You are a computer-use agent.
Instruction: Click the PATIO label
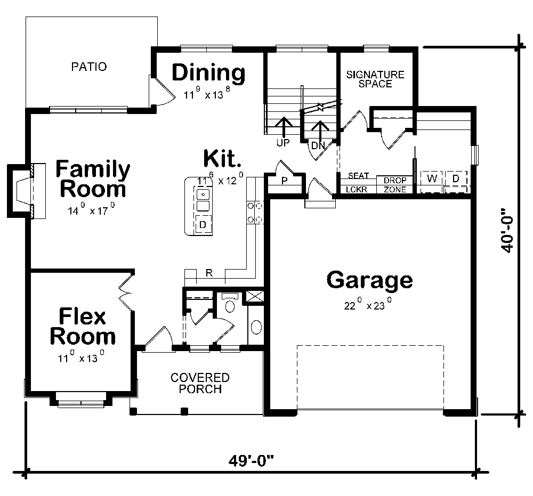click(89, 67)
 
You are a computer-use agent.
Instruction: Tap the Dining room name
click(208, 72)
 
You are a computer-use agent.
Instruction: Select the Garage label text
click(369, 280)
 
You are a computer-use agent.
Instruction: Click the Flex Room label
click(82, 327)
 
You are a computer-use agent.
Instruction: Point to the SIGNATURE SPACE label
click(375, 79)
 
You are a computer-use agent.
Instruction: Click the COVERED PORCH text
click(200, 383)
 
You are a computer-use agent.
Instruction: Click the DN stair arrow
click(319, 131)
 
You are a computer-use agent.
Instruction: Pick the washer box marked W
click(432, 178)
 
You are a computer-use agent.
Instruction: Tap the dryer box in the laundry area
click(456, 178)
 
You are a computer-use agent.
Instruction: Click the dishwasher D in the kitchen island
click(203, 224)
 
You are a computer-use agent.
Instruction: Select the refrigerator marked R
click(209, 274)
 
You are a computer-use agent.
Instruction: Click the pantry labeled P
click(284, 181)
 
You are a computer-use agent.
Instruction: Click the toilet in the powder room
click(230, 304)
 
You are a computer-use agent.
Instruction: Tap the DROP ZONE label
click(394, 185)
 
